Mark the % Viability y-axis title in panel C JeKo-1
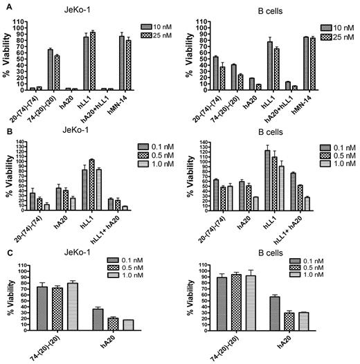pyautogui.click(x=9, y=296)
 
